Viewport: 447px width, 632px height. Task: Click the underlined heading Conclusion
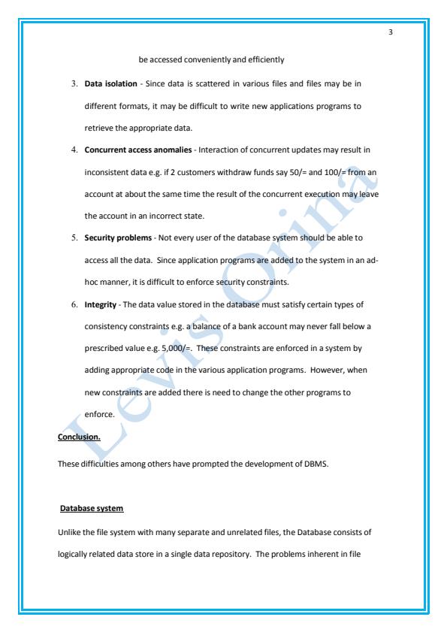[80, 436]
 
